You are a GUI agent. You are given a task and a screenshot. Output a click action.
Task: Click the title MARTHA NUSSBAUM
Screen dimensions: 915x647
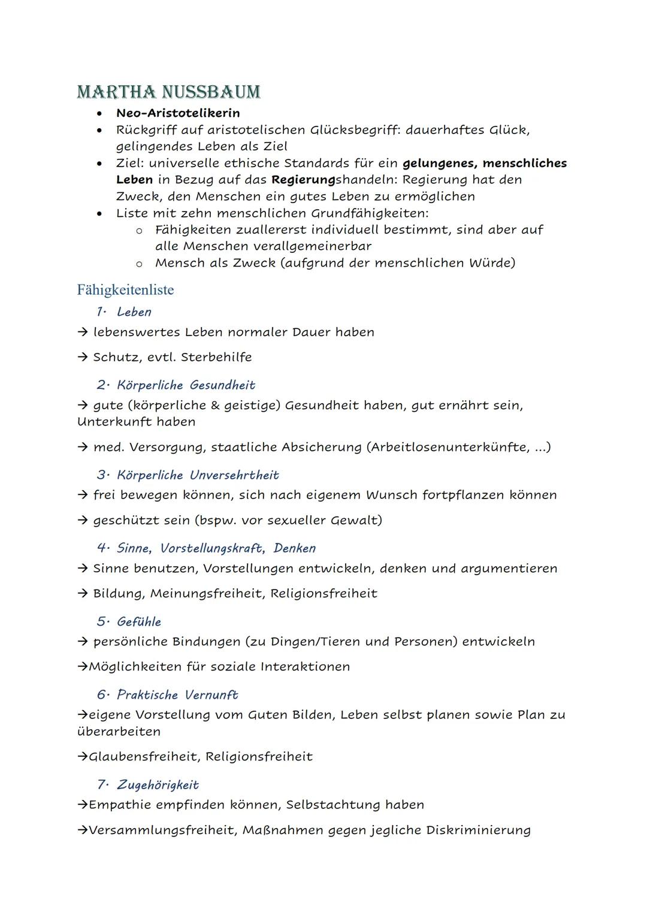click(168, 92)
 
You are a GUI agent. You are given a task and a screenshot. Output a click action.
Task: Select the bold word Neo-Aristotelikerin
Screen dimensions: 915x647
click(178, 113)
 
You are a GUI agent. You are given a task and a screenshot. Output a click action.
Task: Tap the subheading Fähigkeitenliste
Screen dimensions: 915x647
click(125, 290)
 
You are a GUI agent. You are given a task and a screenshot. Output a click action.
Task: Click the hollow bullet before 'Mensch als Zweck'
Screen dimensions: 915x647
click(139, 263)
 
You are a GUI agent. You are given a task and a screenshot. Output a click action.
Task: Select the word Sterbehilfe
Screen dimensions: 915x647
click(216, 357)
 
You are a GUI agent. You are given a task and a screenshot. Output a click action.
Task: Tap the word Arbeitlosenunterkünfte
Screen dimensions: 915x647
click(446, 447)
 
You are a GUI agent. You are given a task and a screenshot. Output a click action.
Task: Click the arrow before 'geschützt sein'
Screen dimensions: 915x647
click(83, 520)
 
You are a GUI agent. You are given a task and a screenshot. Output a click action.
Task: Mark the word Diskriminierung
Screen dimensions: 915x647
click(478, 830)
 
